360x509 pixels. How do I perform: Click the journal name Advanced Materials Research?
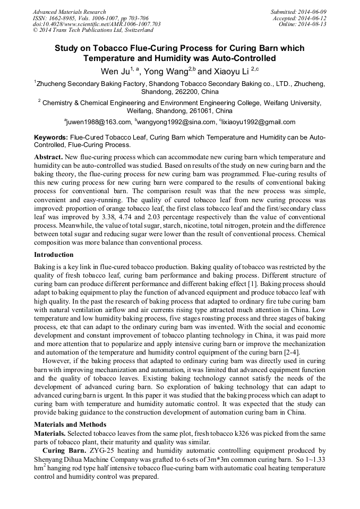pos(70,12)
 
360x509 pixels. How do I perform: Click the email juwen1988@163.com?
pos(99,122)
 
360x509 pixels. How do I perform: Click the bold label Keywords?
pos(51,137)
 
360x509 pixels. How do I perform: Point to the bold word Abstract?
pos(48,158)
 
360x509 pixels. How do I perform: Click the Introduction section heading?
pos(54,255)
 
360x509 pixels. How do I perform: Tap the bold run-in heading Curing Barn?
pos(61,451)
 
